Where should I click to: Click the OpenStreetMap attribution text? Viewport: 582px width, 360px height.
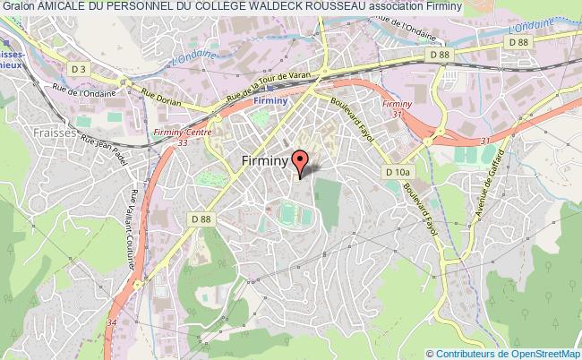(x=534, y=353)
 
